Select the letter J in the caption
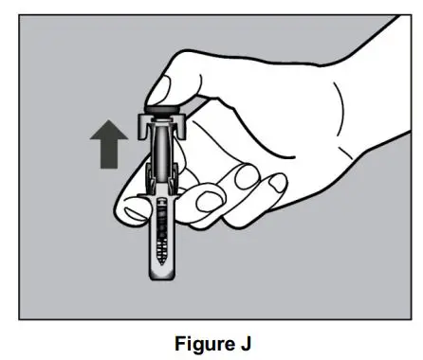click(241, 341)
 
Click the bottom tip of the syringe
click(161, 279)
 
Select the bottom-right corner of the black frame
click(403, 318)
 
